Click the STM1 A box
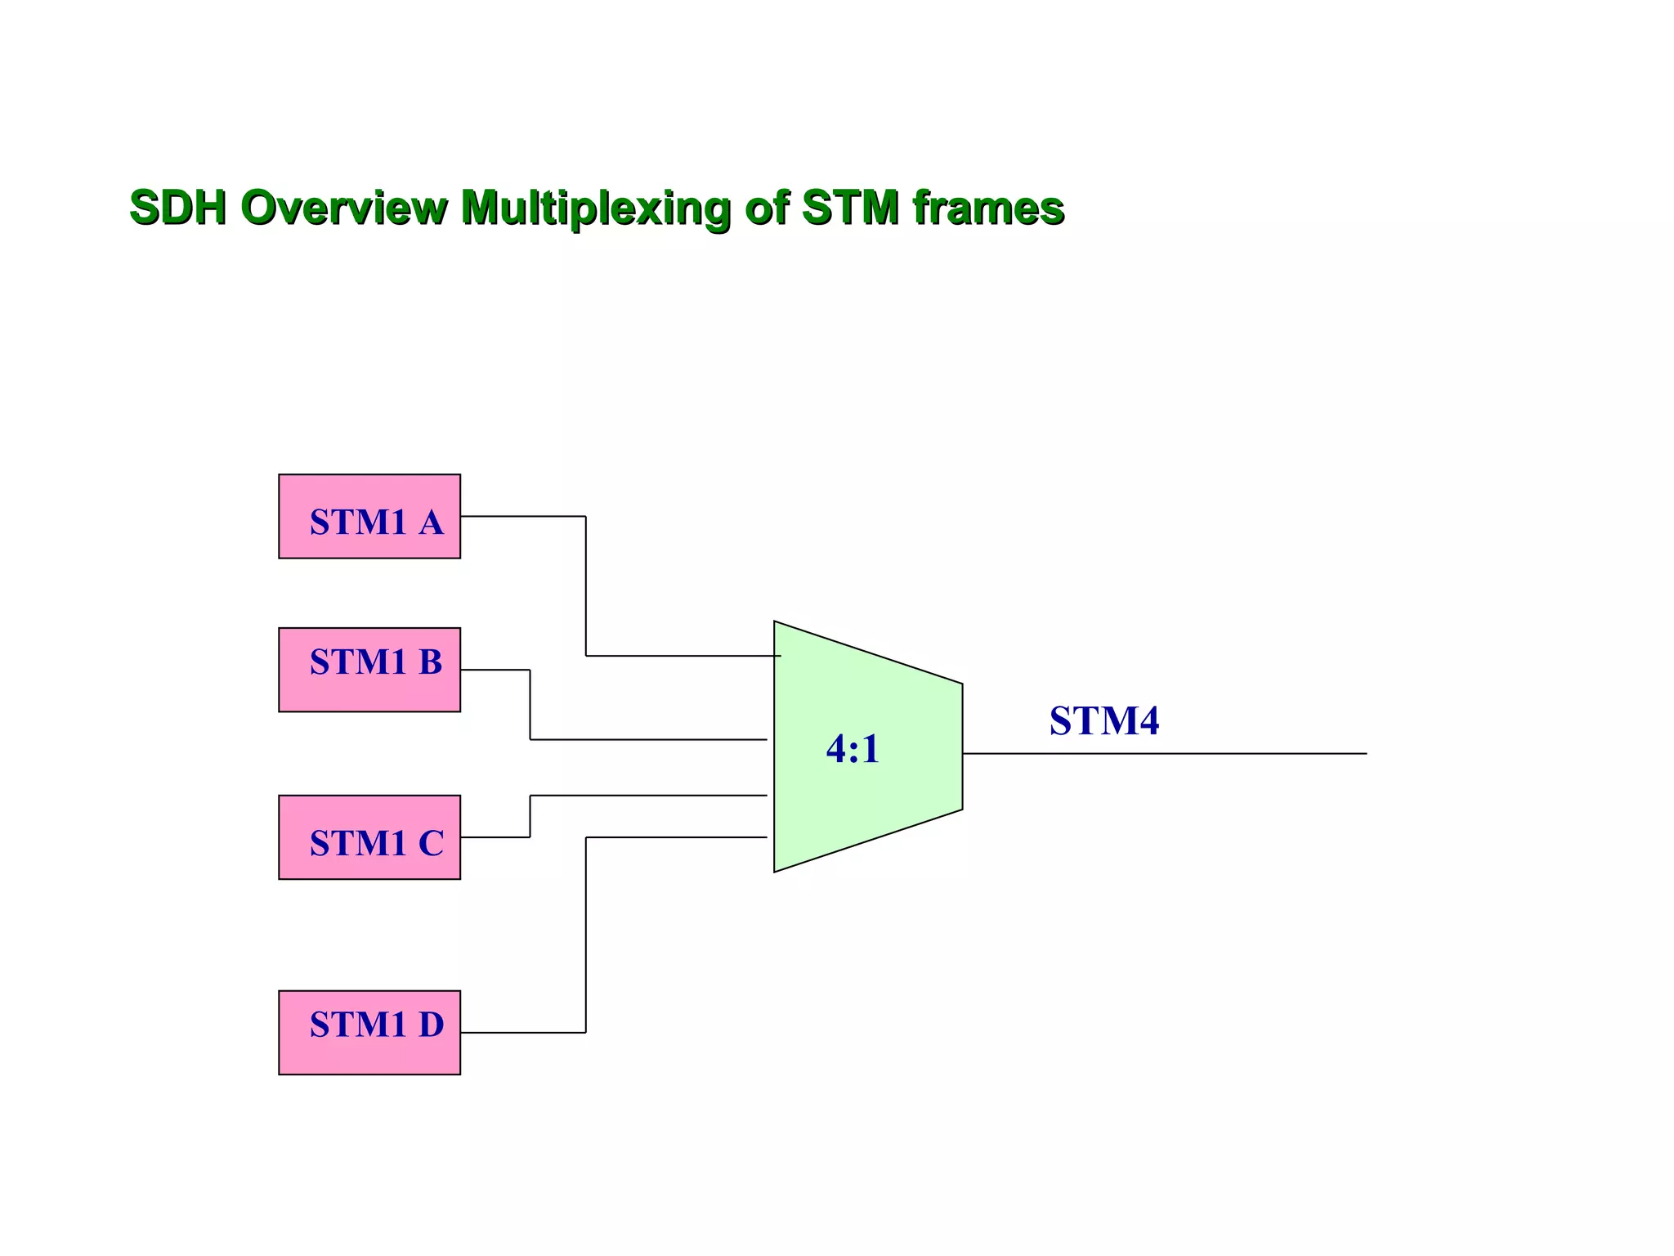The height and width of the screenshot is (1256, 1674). coord(369,517)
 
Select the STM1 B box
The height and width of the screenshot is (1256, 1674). coord(369,670)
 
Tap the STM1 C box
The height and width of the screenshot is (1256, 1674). coord(369,837)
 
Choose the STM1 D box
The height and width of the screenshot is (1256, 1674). coord(369,1033)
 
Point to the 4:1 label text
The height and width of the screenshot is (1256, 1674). coord(853,749)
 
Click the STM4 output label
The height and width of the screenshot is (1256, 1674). coord(1104,721)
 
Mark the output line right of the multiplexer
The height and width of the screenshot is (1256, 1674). coord(1185,754)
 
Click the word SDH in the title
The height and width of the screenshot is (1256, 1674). coord(178,207)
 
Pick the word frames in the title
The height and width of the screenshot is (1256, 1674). coord(988,207)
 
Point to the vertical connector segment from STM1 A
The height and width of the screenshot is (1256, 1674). coord(586,585)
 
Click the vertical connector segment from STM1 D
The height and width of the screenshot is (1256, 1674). coord(586,935)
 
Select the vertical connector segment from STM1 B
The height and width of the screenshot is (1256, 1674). coord(530,705)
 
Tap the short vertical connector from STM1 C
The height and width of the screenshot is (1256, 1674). coord(530,816)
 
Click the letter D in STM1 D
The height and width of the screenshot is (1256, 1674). coord(431,1025)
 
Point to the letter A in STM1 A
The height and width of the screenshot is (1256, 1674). coord(431,523)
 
